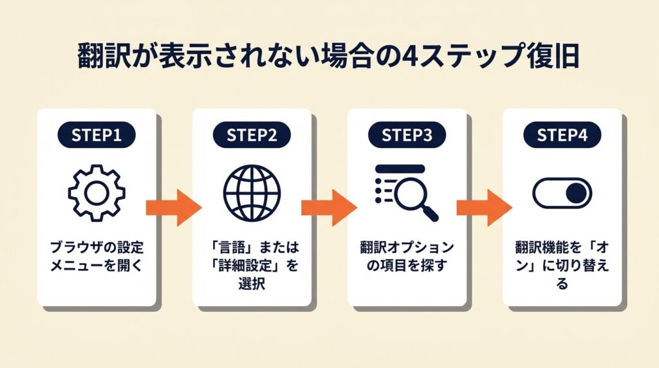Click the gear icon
click(x=97, y=192)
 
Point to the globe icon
click(x=252, y=192)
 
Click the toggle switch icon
click(x=562, y=192)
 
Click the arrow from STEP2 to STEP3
click(x=329, y=207)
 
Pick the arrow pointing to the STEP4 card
click(x=484, y=207)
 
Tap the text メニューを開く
click(x=97, y=264)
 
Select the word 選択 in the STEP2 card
click(x=252, y=283)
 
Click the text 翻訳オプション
click(x=407, y=247)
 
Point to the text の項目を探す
click(x=407, y=264)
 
